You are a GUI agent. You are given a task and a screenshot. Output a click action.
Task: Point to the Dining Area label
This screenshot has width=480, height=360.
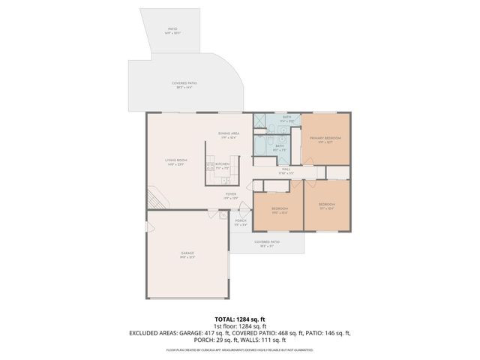pyautogui.click(x=229, y=136)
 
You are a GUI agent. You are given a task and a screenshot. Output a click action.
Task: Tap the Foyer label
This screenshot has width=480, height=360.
pyautogui.click(x=231, y=196)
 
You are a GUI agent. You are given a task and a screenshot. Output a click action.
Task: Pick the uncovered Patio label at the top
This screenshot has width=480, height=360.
pyautogui.click(x=173, y=31)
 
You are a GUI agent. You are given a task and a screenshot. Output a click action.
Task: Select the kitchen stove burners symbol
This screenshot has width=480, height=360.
pyautogui.click(x=210, y=166)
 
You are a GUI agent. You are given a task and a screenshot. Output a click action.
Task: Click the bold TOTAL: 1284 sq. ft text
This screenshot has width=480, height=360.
pyautogui.click(x=240, y=319)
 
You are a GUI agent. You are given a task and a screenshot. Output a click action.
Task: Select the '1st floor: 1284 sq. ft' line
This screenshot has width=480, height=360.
pyautogui.click(x=240, y=326)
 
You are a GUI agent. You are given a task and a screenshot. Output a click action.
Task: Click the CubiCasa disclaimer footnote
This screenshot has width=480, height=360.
pyautogui.click(x=240, y=349)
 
